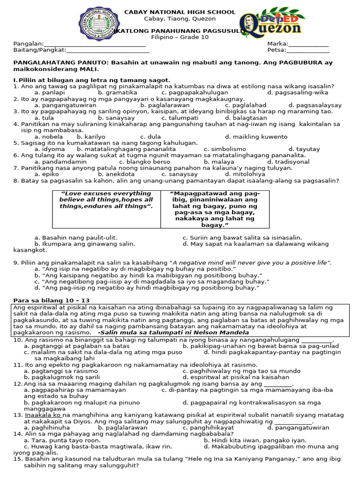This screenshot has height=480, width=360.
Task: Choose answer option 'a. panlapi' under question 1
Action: point(49,93)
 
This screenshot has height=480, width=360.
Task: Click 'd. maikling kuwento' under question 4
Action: point(256,137)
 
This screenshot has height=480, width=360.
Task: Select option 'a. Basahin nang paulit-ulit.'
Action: point(76,238)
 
